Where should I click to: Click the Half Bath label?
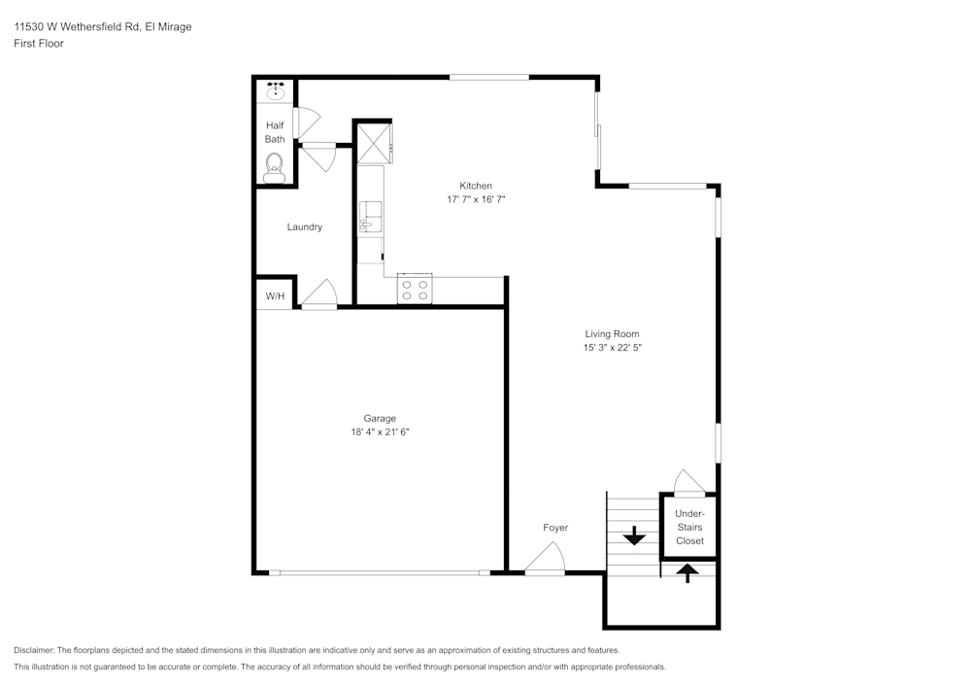coord(275,132)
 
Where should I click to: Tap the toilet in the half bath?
coord(274,165)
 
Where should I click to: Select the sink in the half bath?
coord(275,90)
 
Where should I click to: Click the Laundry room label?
coord(304,227)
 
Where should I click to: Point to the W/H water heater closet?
coord(275,296)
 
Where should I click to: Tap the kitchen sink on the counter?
coord(370,218)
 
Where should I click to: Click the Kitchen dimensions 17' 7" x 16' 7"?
coord(476,198)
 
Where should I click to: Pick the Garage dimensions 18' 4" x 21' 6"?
coord(380,431)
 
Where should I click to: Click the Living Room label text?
coord(612,334)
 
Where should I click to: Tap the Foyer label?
coord(555,528)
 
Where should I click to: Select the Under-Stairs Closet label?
coord(689,527)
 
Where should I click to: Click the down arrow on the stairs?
coord(634,534)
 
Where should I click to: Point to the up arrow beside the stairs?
coord(687,572)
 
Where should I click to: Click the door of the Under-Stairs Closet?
coord(689,483)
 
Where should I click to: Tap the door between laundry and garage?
coord(318,294)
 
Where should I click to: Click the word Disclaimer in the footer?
coord(34,650)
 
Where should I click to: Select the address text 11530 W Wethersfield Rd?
coord(77,27)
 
